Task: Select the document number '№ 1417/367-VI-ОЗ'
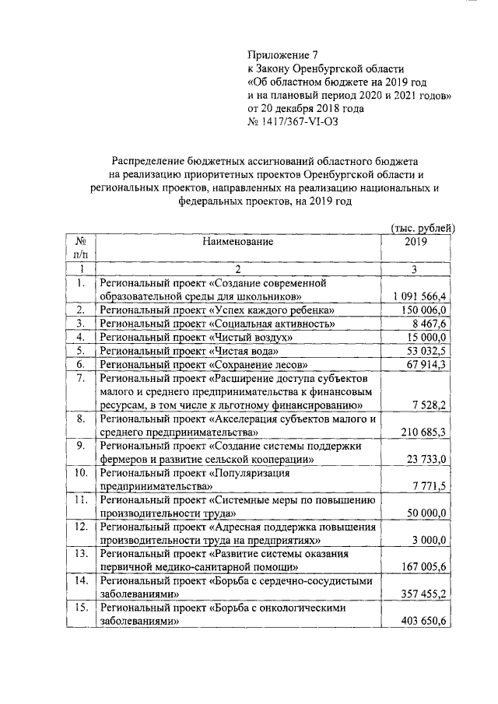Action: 293,121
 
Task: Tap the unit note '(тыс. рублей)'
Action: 422,228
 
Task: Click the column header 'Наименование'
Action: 238,242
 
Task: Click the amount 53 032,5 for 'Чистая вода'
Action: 424,351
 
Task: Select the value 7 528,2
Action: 427,405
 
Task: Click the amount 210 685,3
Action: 421,433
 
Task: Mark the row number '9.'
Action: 80,446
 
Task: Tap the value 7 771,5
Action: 427,487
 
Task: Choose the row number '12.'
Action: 80,527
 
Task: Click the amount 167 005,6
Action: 421,569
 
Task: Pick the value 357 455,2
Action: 421,596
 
